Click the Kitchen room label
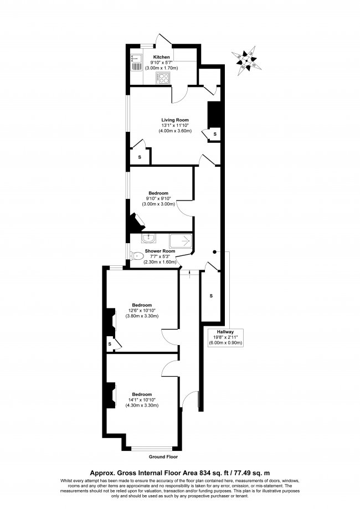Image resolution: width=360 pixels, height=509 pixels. tap(162, 57)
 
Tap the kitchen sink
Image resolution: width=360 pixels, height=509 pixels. tap(136, 64)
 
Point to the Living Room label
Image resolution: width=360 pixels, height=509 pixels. tap(175, 120)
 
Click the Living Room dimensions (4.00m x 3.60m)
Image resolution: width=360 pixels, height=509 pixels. tap(175, 131)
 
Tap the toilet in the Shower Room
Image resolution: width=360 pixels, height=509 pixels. tap(137, 256)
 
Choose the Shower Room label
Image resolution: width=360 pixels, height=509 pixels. tap(160, 250)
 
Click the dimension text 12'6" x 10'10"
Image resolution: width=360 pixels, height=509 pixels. tap(143, 310)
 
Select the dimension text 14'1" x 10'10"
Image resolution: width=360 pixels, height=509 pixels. tap(143, 399)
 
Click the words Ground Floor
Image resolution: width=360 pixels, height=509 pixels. tap(164, 457)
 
